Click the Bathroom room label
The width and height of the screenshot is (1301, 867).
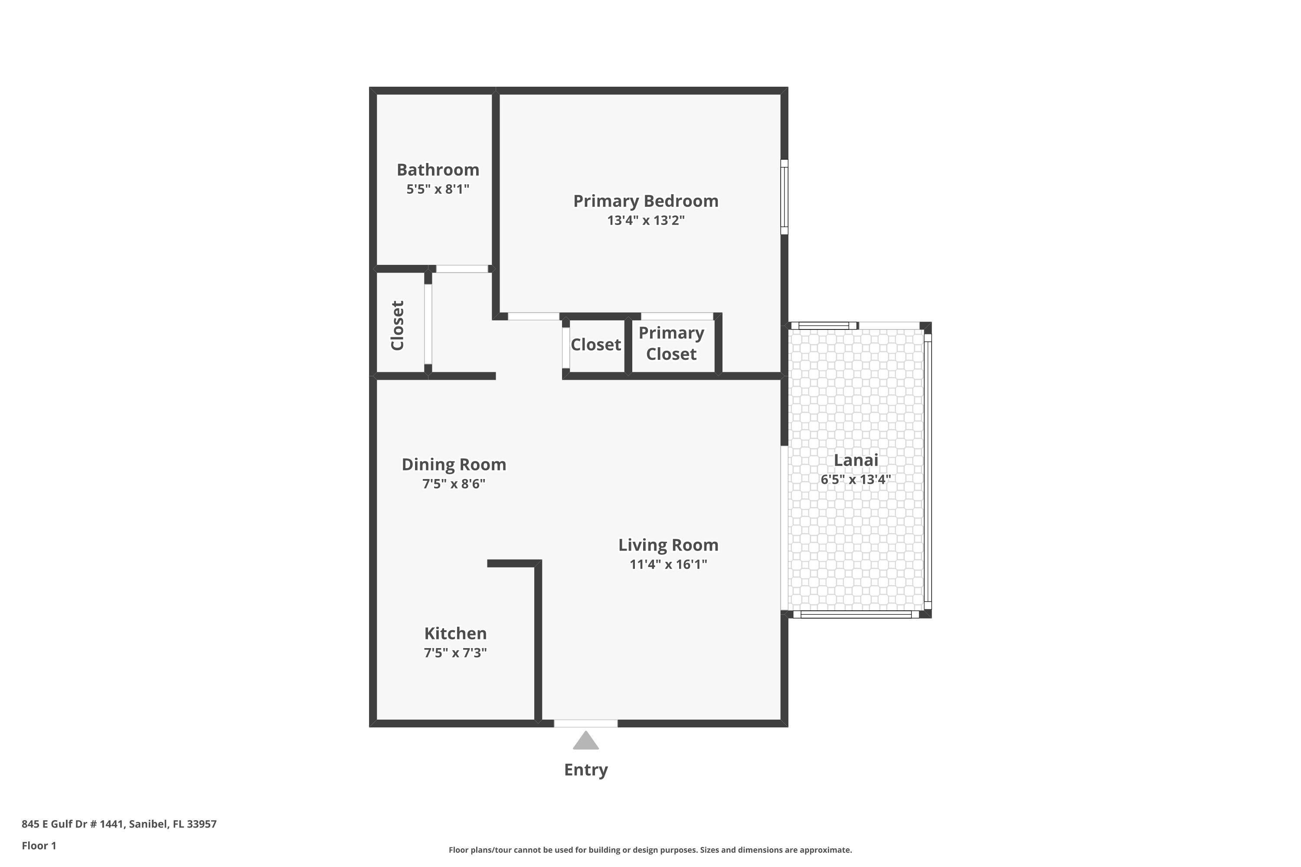tap(438, 170)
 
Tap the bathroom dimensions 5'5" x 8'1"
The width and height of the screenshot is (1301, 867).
tap(438, 189)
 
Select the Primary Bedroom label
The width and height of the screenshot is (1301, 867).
tap(646, 201)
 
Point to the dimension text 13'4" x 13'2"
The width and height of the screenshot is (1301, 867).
tap(646, 220)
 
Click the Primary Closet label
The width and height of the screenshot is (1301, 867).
tap(671, 343)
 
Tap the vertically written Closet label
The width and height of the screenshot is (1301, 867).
tap(398, 326)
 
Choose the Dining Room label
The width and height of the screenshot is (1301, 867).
tap(454, 464)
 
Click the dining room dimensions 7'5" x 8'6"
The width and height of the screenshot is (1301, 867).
tap(454, 484)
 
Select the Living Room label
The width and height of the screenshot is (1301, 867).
tap(668, 545)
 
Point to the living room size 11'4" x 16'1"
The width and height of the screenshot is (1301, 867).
tap(668, 564)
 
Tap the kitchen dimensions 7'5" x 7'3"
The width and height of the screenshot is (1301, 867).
tap(455, 652)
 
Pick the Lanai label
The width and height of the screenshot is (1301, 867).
tap(856, 460)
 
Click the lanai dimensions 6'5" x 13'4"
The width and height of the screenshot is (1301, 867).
tap(856, 479)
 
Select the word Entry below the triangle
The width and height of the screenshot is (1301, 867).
tap(586, 770)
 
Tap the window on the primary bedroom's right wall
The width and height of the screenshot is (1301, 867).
tap(785, 197)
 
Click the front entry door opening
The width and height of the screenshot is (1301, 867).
tap(586, 723)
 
